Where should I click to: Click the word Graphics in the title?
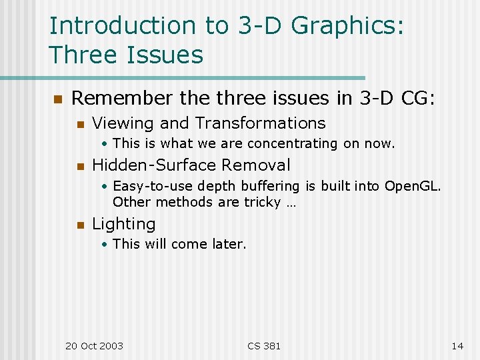[x=348, y=27]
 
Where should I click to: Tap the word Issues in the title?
[x=164, y=55]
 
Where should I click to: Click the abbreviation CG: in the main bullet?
[x=418, y=99]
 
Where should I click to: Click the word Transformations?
[x=261, y=123]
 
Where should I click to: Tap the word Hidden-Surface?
[x=154, y=165]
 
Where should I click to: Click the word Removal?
[x=256, y=165]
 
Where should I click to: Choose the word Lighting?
[x=123, y=225]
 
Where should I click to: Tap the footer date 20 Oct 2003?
[x=94, y=345]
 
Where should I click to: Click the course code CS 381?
[x=264, y=345]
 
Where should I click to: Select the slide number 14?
[x=457, y=345]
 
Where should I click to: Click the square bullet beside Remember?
[x=57, y=99]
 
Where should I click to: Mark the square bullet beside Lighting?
[x=80, y=225]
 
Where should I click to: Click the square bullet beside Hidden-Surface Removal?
[x=80, y=166]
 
